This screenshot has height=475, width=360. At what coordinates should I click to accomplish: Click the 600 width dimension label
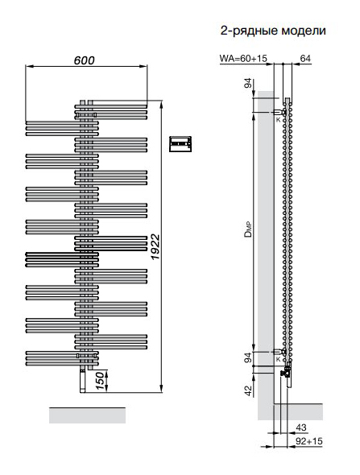(x=85, y=60)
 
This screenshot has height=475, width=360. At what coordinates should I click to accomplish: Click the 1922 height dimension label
(x=155, y=246)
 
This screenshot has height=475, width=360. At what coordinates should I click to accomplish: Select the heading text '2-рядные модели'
(x=273, y=31)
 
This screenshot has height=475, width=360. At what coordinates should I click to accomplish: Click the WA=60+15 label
(x=243, y=58)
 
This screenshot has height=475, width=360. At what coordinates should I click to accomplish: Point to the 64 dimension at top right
(x=305, y=58)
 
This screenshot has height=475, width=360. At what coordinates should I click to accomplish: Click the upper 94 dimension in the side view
(x=248, y=83)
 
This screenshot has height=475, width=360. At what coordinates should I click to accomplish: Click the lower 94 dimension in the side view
(x=248, y=357)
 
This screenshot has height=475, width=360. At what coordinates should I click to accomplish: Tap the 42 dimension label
(x=249, y=390)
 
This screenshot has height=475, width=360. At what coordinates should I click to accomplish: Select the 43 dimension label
(x=301, y=427)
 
